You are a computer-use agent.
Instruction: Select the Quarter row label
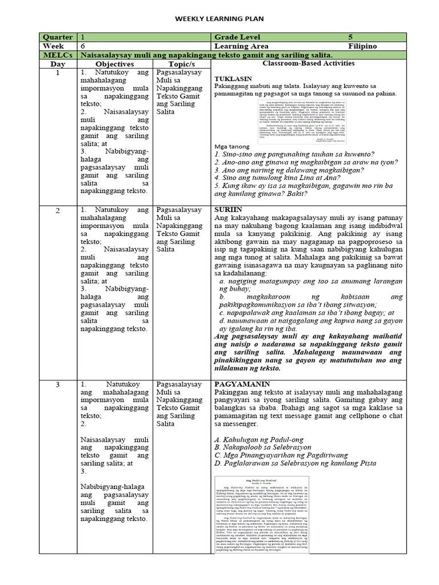coord(58,37)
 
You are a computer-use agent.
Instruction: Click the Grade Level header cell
coord(237,37)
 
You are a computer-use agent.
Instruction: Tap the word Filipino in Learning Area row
coord(362,46)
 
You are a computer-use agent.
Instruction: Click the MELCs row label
coord(58,55)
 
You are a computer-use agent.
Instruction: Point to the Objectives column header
coord(114,65)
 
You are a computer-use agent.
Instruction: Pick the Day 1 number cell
coord(58,73)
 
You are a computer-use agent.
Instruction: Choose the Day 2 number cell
coord(58,211)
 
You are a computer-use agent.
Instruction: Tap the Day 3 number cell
coord(58,384)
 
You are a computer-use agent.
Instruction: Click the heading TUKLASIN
coord(233,78)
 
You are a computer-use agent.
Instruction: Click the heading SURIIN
coord(228,210)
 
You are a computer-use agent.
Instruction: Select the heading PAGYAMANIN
coord(238,384)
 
